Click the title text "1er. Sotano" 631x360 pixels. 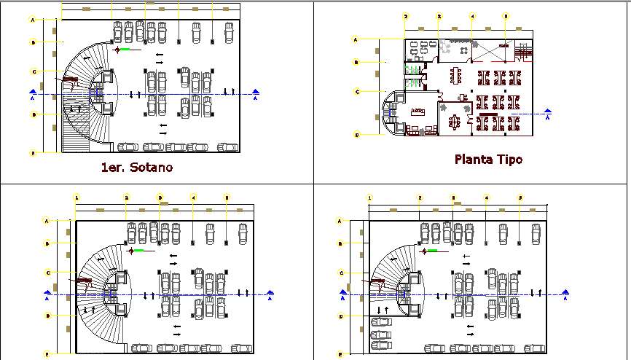pos(138,168)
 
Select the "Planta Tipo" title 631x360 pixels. pos(488,159)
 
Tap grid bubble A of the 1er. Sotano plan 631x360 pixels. pos(33,18)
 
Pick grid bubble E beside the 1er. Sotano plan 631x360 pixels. pos(33,153)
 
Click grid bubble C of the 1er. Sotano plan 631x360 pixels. pos(33,71)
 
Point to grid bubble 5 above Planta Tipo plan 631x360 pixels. pos(506,16)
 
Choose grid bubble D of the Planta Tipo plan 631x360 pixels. pos(357,135)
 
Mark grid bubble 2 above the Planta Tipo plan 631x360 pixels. pos(406,16)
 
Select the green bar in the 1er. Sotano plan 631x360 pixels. pos(127,50)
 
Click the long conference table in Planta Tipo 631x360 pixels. pos(457,75)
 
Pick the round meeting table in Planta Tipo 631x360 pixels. pos(455,122)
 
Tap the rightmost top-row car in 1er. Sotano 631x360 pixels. pos(230,32)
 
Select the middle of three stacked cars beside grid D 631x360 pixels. pos(380,334)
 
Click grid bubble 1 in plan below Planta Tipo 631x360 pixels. pos(369,197)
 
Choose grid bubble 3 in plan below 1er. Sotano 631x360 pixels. pos(160,197)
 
